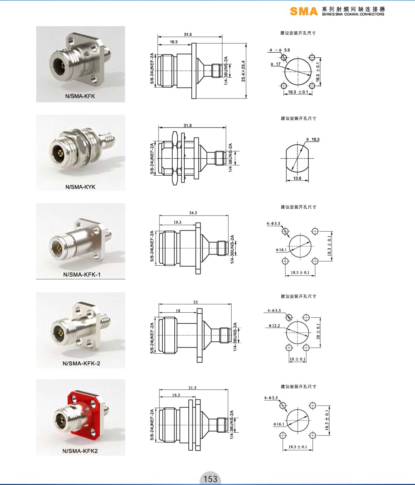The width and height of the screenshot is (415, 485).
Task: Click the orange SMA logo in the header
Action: tap(304, 12)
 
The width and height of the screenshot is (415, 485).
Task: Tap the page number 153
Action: tap(210, 479)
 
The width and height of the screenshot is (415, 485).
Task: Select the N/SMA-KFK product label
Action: tap(80, 96)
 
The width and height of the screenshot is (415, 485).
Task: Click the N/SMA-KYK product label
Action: tap(81, 187)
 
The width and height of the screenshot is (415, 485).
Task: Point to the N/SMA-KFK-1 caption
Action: tap(82, 274)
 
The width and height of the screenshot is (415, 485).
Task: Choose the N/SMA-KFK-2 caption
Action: tap(81, 363)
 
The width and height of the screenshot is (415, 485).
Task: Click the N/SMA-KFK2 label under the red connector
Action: tap(80, 451)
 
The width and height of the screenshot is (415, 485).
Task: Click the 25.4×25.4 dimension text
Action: tap(243, 71)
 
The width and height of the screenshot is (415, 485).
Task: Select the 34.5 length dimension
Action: tap(193, 213)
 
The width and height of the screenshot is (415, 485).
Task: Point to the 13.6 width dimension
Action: tap(297, 178)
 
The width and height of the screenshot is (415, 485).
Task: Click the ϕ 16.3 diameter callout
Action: tap(313, 140)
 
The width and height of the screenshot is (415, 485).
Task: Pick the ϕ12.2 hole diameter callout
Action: tap(274, 326)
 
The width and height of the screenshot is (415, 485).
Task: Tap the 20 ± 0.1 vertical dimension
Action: tap(318, 331)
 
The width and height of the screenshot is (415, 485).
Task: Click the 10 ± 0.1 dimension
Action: tap(298, 359)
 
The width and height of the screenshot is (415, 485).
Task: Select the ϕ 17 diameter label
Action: tap(276, 64)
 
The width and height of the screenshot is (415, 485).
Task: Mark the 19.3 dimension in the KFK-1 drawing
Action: tap(178, 222)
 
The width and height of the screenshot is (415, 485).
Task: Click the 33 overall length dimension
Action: tap(195, 302)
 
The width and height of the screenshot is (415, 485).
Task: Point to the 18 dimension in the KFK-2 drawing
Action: tap(178, 311)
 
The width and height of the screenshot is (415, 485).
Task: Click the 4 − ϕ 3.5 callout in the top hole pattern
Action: tap(280, 50)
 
